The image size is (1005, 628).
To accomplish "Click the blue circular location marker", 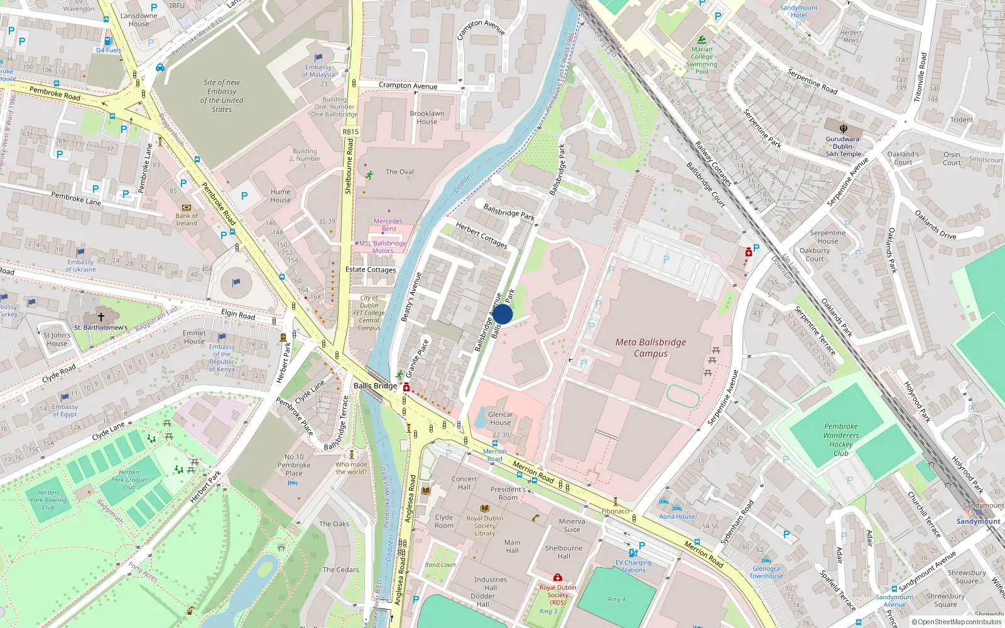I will click(503, 314).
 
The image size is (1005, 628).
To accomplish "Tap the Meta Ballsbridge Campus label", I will click(651, 348).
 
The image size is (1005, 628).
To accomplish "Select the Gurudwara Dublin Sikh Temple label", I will click(843, 146).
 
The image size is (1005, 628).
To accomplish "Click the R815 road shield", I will click(350, 132).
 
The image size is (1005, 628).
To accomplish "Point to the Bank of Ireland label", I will click(187, 219).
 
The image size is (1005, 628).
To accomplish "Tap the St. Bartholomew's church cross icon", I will click(101, 317).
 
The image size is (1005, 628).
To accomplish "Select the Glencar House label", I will click(501, 418).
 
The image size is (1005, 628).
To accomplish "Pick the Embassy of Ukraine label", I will click(82, 266).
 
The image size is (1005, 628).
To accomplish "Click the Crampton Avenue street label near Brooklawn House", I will click(408, 85).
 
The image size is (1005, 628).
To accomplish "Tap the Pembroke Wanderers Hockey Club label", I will click(841, 440).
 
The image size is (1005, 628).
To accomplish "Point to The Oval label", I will click(399, 171).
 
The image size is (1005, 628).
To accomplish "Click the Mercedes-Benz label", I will click(389, 225).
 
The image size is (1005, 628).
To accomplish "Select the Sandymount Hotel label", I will click(799, 11).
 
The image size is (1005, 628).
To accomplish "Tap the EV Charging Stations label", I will click(633, 566).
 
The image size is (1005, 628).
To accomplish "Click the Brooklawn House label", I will click(427, 117).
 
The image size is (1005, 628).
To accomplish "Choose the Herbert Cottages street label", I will click(481, 235).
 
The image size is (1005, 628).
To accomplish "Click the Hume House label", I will click(281, 196).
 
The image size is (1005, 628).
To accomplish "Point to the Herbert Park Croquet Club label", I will click(129, 480).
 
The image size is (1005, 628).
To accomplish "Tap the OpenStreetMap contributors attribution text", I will click(956, 622).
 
